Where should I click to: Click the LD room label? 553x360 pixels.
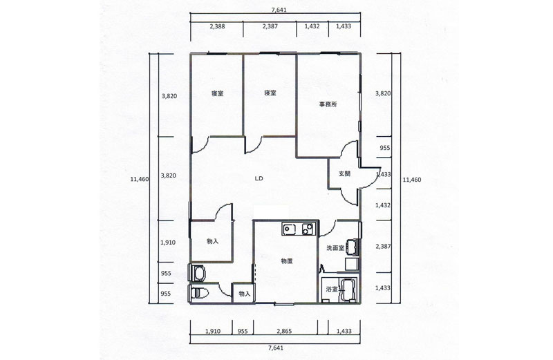[x=259, y=178]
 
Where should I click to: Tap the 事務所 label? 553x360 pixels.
[x=328, y=104]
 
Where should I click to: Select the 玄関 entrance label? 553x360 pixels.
[x=344, y=173]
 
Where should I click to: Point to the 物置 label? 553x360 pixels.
[x=287, y=261]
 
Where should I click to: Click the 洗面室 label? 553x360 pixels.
[x=335, y=248]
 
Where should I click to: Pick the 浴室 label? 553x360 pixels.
[x=332, y=289]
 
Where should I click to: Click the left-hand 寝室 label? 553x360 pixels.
[x=217, y=93]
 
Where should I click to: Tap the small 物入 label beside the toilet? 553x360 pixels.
[x=245, y=294]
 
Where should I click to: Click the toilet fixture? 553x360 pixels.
[x=200, y=293]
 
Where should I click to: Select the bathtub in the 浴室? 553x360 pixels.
[x=348, y=290]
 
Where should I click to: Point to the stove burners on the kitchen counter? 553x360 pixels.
[x=307, y=229]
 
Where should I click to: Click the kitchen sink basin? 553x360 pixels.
[x=290, y=229]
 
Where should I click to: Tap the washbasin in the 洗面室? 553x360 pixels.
[x=352, y=247]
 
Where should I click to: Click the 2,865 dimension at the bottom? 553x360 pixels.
[x=284, y=331]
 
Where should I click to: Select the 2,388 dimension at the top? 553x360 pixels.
[x=217, y=26]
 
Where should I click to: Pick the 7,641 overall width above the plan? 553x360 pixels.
[x=279, y=10]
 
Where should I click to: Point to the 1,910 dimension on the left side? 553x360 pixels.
[x=168, y=243]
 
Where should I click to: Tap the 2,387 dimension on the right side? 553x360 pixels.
[x=383, y=247]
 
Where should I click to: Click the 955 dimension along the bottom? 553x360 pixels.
[x=243, y=331]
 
